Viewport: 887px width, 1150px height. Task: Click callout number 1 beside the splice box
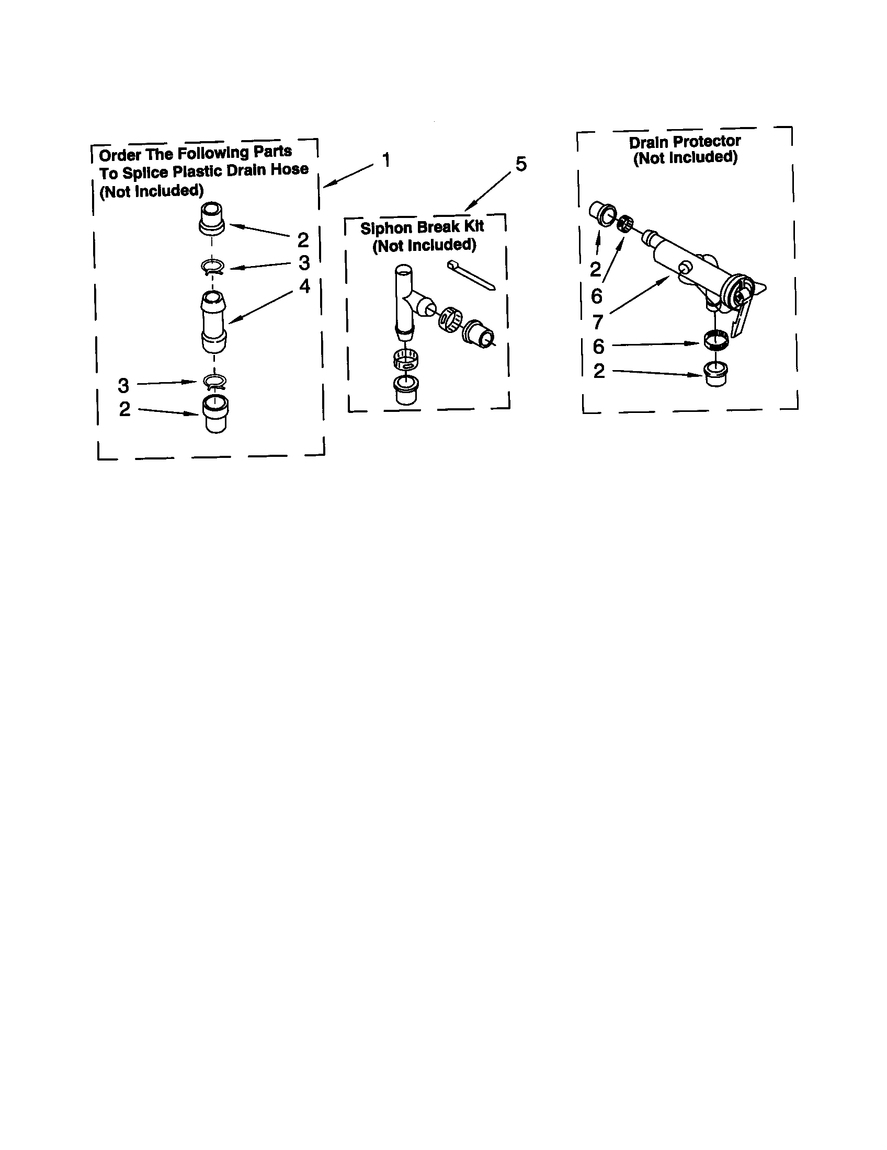tap(386, 159)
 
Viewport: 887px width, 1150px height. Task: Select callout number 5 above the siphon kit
tap(520, 164)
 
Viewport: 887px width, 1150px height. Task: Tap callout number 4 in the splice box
tap(305, 286)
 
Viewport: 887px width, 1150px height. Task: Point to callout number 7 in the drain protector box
tap(598, 321)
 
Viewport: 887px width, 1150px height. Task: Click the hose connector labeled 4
tap(213, 321)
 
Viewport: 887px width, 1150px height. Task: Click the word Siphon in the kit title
tap(385, 228)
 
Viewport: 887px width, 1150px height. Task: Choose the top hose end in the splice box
tap(212, 216)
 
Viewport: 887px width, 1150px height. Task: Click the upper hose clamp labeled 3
tap(213, 268)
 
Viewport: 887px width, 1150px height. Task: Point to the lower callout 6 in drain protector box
tap(598, 347)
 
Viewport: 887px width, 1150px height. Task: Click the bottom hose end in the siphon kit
tap(405, 389)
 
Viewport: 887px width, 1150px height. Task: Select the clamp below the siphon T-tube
tap(406, 359)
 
